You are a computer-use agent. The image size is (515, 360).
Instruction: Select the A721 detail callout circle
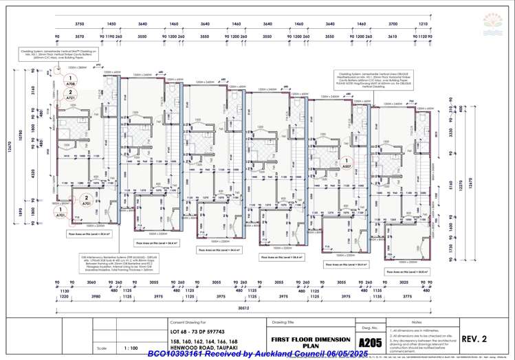(69, 97)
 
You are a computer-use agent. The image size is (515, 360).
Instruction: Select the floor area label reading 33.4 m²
(90, 234)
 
